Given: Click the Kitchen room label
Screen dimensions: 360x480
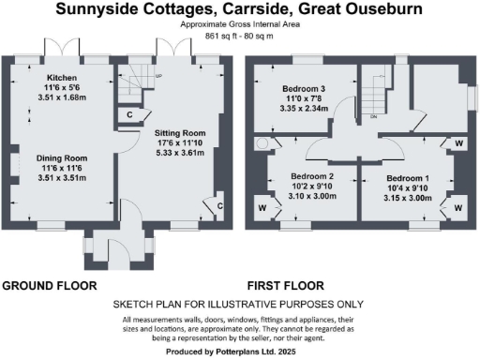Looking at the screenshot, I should coord(62,78).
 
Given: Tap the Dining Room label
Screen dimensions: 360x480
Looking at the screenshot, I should coord(62,158).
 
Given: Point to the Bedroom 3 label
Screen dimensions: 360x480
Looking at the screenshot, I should coord(305,86).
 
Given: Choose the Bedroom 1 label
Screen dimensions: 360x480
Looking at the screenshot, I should coord(407,177).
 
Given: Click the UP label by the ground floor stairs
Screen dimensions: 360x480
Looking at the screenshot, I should coord(158,76).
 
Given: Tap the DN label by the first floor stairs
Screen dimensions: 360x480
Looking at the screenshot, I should coord(372,117).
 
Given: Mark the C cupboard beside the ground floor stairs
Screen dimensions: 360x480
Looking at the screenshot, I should coord(128,114).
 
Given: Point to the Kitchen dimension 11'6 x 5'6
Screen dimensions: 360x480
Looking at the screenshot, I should coord(62,86).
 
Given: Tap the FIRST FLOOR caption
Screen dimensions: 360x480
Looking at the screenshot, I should coord(285,285).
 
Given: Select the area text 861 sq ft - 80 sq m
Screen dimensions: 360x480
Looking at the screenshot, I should coord(239,37).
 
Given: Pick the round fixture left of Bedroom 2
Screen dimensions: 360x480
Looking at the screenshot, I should coord(254,146).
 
